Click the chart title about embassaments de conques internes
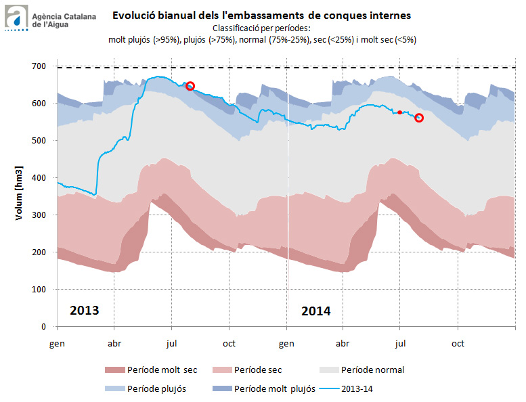click(261, 14)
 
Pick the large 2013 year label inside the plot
click(85, 311)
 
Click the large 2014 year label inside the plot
click(315, 311)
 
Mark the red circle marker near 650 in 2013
click(190, 86)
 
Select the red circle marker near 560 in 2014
click(419, 118)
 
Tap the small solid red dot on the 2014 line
click(399, 112)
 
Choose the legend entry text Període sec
click(258, 370)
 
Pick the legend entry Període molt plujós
click(275, 389)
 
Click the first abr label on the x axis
click(114, 344)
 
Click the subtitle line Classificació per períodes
click(261, 28)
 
